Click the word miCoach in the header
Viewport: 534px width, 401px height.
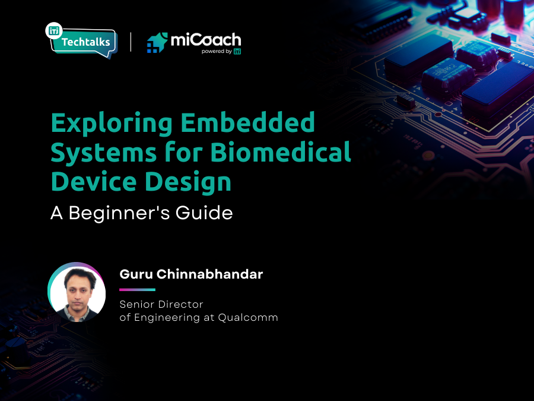(x=205, y=40)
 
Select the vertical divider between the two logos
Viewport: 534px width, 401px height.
(x=131, y=42)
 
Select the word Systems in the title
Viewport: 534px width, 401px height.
(x=98, y=152)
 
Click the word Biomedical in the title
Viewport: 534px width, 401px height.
(x=281, y=152)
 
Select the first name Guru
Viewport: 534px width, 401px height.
(x=134, y=274)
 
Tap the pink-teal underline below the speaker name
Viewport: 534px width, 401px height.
(x=137, y=290)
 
